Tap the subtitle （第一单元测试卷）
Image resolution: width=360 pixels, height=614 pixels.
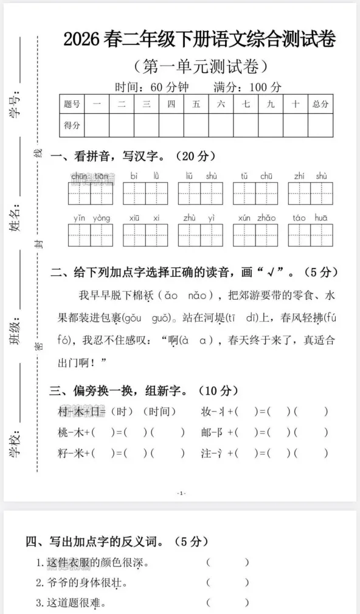pos(200,65)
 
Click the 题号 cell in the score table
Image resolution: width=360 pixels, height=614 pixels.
pos(72,104)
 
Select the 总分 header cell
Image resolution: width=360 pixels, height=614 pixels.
pos(320,104)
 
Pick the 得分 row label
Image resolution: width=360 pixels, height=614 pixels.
pos(72,125)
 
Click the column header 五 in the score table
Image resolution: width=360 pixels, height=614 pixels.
pos(196,104)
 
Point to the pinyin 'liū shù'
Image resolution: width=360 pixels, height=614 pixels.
pos(201,176)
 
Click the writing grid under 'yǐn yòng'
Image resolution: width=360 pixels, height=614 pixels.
pos(91,235)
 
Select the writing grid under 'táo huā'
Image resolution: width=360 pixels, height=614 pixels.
pos(310,235)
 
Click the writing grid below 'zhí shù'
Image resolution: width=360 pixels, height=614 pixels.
pos(310,193)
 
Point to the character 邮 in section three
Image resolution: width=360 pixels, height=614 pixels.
pos(208,432)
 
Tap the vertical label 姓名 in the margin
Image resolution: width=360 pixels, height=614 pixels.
pos(16,220)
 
